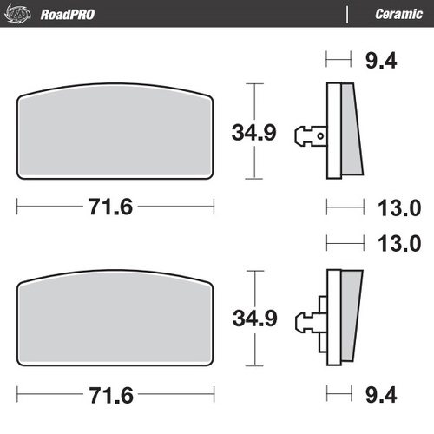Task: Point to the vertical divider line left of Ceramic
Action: (x=347, y=13)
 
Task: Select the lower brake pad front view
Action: (x=115, y=319)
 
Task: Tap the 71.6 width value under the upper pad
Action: (x=115, y=208)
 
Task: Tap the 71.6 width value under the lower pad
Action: (x=115, y=395)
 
